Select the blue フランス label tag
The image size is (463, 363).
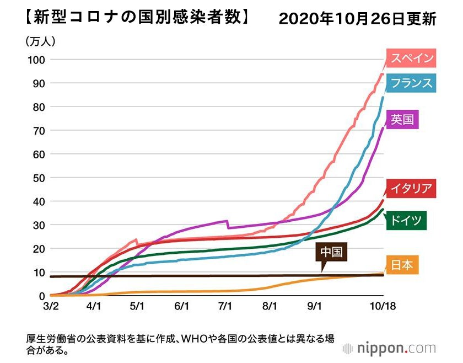click(411, 83)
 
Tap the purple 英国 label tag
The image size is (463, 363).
click(402, 119)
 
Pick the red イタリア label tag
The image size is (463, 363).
click(411, 188)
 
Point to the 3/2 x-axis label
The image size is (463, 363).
click(50, 306)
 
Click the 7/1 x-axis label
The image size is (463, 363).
click(224, 306)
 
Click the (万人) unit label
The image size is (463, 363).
click(40, 41)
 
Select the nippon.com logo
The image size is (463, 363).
click(389, 348)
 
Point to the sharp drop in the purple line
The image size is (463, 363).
click(228, 224)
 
